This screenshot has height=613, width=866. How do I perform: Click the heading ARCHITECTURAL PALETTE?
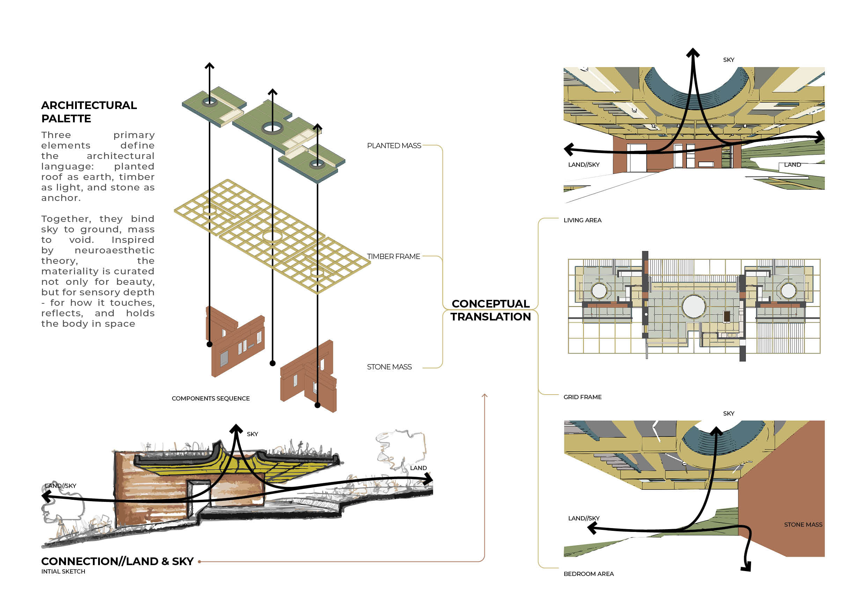[89, 112]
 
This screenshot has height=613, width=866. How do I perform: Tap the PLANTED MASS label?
[394, 146]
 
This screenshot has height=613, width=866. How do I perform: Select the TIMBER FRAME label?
[394, 257]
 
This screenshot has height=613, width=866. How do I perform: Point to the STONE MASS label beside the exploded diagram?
[389, 367]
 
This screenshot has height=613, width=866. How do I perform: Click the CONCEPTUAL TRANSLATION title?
[491, 310]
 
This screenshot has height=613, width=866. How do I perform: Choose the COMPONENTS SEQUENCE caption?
[211, 399]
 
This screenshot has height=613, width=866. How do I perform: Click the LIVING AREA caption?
[582, 221]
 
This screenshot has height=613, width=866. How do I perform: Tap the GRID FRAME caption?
[582, 397]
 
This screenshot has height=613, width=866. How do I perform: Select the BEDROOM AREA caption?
[589, 574]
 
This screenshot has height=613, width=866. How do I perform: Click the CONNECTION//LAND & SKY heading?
[117, 561]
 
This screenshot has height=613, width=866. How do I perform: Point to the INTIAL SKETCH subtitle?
[63, 571]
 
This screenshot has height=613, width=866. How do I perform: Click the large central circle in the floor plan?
[694, 306]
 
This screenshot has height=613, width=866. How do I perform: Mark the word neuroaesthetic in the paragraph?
[115, 250]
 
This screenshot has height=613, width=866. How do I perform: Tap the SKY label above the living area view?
[729, 60]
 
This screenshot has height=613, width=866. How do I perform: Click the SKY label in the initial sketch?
[252, 434]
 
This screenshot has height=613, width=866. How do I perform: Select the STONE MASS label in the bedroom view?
[803, 525]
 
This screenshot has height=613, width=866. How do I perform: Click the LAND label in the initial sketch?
[418, 468]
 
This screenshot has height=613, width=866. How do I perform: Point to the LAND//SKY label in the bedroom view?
[584, 518]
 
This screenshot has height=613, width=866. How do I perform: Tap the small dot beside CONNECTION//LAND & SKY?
[199, 562]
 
